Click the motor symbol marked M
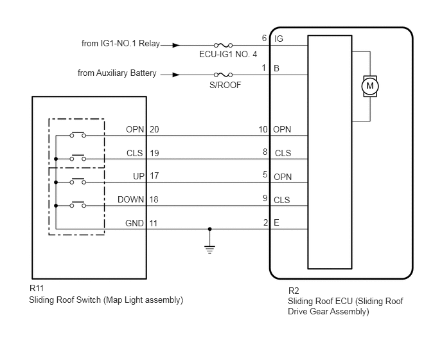tap(370, 86)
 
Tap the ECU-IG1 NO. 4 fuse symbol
tap(223, 45)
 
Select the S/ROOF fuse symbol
tap(223, 75)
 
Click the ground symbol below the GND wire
tap(209, 249)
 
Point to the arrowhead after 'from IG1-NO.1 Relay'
tap(176, 45)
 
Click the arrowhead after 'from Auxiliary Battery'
tap(176, 75)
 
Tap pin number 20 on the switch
tap(154, 129)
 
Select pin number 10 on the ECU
tap(263, 129)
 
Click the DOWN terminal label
tap(130, 199)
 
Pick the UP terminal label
tap(138, 176)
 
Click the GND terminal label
tap(134, 223)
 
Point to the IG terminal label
tap(279, 39)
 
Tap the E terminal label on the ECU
tap(276, 222)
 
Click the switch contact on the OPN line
tap(78, 134)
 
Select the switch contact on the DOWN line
tap(78, 204)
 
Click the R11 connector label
tap(37, 289)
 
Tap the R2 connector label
tap(294, 291)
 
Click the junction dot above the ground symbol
tap(209, 229)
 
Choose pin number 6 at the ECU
tap(264, 38)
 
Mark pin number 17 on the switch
tap(154, 175)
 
